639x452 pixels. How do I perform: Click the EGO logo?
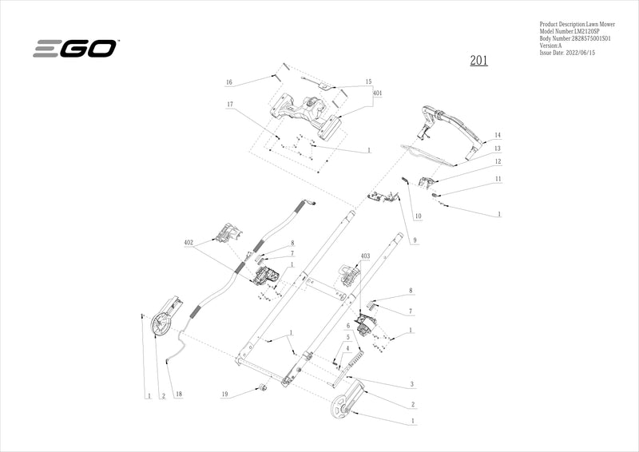tap(75, 49)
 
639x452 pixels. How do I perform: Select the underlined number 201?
tap(478, 61)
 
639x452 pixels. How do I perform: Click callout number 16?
tap(228, 82)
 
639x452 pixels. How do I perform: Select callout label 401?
tap(377, 93)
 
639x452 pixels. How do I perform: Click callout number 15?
tap(368, 81)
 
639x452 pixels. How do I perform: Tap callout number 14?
tap(497, 135)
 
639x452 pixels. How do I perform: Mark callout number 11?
tap(498, 180)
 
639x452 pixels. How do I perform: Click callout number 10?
tap(418, 217)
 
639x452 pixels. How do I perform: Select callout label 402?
tap(189, 242)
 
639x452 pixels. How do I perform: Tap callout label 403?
tap(366, 256)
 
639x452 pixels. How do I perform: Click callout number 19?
tap(225, 395)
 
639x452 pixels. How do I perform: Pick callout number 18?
tap(177, 395)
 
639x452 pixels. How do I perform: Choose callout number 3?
tap(411, 384)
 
